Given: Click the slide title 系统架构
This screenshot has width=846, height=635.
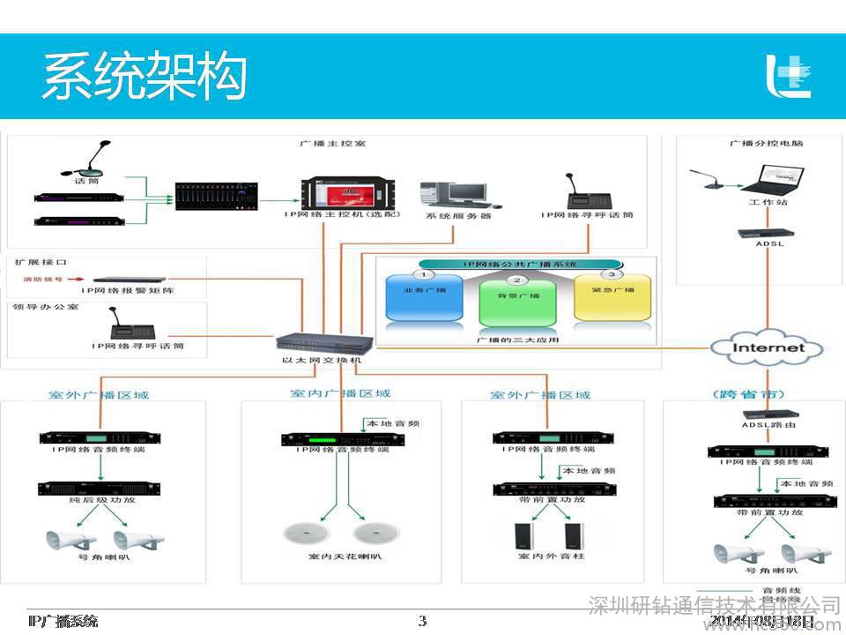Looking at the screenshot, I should pyautogui.click(x=144, y=77).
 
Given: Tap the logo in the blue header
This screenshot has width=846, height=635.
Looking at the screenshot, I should pyautogui.click(x=788, y=76).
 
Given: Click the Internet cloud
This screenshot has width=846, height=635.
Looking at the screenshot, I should pyautogui.click(x=768, y=347).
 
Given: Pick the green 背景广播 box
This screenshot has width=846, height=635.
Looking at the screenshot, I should pyautogui.click(x=517, y=303).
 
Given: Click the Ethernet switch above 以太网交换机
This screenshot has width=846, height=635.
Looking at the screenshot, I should pyautogui.click(x=318, y=344).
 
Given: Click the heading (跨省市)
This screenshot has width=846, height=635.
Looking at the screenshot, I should pyautogui.click(x=746, y=394).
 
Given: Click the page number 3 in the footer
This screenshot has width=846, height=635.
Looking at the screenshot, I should pyautogui.click(x=422, y=621).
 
